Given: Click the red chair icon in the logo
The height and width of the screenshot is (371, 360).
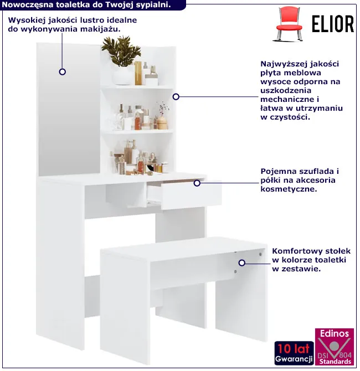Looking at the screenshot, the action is [x=289, y=24].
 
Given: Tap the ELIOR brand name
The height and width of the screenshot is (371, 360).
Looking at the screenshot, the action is [x=332, y=24].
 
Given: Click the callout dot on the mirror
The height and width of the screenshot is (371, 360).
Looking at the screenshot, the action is [x=62, y=71].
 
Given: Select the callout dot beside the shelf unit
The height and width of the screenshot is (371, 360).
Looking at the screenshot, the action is [x=176, y=96].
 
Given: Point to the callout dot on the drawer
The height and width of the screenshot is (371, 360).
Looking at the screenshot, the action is [x=197, y=183].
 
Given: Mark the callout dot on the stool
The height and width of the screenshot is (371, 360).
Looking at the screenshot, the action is [x=241, y=262].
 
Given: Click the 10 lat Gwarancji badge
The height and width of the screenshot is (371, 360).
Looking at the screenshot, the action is [x=294, y=353].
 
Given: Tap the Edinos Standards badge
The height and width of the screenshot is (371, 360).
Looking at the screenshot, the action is [x=334, y=347].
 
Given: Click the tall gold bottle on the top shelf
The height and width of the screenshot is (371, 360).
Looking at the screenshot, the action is [x=138, y=73].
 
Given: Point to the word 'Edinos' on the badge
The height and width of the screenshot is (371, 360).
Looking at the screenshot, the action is [x=334, y=333].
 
